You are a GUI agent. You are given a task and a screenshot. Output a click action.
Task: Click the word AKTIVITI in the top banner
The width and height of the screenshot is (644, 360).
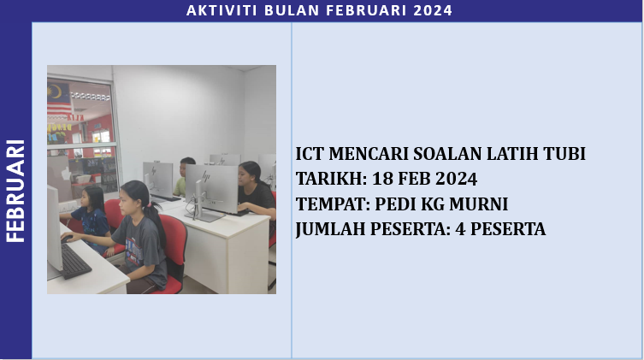217,10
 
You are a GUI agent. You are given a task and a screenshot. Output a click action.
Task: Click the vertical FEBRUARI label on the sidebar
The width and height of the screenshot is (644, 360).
15,191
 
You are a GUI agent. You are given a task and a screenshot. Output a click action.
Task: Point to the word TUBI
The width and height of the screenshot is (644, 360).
559,154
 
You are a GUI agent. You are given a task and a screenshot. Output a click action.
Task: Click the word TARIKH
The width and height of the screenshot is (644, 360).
326,179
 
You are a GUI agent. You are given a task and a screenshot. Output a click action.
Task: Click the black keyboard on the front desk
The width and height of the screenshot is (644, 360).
76,261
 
